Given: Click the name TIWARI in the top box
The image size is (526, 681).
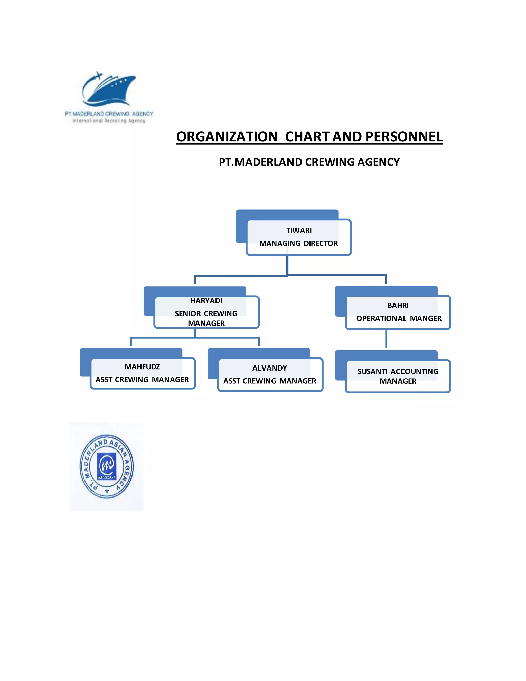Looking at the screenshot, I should coord(299,231).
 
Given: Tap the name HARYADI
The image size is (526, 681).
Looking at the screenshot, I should coord(206,301).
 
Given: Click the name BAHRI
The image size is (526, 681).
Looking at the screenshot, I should coord(398,306).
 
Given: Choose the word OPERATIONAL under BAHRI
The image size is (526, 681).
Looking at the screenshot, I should coord(381,318).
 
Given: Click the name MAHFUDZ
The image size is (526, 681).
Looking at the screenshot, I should coord(142,367).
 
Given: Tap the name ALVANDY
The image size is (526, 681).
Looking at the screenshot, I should coord(269,368).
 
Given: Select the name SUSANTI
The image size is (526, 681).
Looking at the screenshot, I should coord(372,371).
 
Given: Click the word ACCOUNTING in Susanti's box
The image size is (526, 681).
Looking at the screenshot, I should coord(415,371).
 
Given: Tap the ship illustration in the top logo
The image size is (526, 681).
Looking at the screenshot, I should coord(109,89).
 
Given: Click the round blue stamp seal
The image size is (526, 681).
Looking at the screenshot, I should coord(107,466).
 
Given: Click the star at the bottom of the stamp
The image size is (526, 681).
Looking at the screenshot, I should coord(107,491).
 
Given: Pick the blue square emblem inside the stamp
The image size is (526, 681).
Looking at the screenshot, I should coord(107,466).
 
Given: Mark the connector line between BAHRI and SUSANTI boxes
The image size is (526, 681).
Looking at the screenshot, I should coord(386,339).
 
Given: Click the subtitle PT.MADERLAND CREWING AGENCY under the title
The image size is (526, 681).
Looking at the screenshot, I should coord(309,162).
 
